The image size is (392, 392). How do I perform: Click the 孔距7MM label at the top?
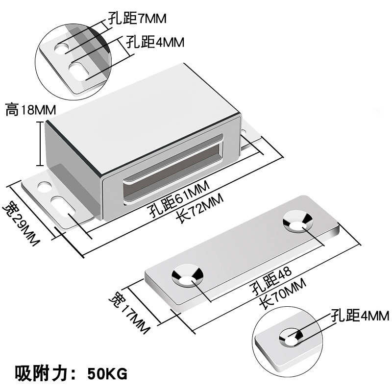pyautogui.click(x=137, y=18)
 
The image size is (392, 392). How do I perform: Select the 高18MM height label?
pyautogui.click(x=31, y=110)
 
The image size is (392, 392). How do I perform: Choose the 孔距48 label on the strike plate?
pyautogui.click(x=271, y=281)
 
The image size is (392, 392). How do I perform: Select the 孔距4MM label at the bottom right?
pyautogui.click(x=360, y=315)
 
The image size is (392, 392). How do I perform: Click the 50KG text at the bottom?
pyautogui.click(x=107, y=374)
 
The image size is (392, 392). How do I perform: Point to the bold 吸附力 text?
pyautogui.click(x=42, y=373)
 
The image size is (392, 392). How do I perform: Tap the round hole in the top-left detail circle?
pyautogui.click(x=62, y=48)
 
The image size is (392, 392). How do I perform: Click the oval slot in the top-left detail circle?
pyautogui.click(x=79, y=72)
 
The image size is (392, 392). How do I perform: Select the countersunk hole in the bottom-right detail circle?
pyautogui.click(x=291, y=337)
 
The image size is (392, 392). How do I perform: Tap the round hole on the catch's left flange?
pyautogui.click(x=45, y=187)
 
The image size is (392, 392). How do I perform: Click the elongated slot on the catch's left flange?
pyautogui.click(x=63, y=205)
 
